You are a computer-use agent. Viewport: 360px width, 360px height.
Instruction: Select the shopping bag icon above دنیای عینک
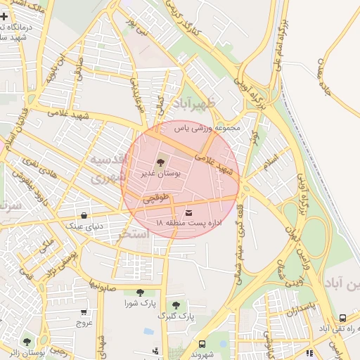(x=84, y=215)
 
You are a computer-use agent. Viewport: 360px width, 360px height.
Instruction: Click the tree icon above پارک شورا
(x=139, y=292)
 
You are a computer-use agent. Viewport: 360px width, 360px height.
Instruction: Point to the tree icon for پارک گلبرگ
(x=175, y=305)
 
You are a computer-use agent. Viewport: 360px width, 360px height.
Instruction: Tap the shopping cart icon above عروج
(x=84, y=311)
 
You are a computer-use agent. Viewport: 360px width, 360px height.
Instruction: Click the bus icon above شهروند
(x=202, y=344)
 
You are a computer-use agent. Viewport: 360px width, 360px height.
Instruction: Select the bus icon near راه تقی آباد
(x=342, y=318)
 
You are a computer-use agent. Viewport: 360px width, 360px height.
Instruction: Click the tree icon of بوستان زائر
(x=27, y=342)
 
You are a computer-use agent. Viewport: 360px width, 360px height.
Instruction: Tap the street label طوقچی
(x=157, y=199)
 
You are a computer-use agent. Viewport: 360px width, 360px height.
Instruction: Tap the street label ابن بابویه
(x=56, y=72)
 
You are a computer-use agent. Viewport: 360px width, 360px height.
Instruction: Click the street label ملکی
(x=47, y=245)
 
